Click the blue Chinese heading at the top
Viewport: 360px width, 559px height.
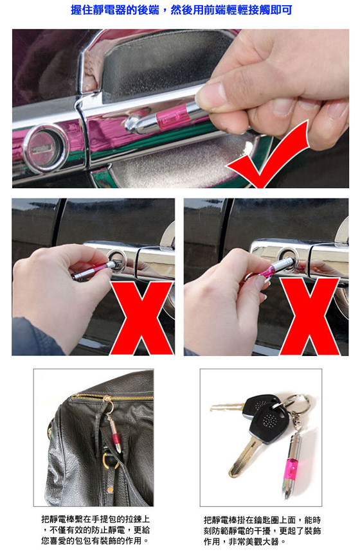click(x=181, y=10)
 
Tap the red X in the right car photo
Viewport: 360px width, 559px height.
click(x=309, y=316)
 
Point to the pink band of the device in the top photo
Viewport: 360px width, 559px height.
click(x=172, y=118)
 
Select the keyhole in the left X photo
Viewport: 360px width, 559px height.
click(x=116, y=262)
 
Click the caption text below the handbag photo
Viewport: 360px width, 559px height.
click(x=95, y=530)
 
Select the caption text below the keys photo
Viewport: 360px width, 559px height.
click(x=262, y=531)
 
